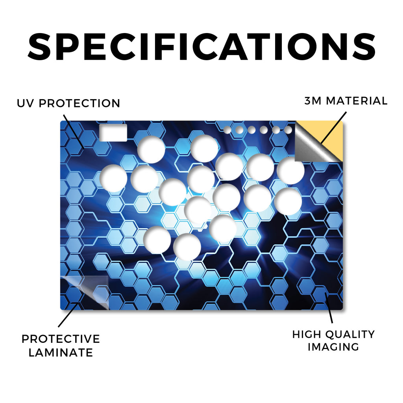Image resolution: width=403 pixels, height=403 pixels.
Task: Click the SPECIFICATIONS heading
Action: tap(201, 47)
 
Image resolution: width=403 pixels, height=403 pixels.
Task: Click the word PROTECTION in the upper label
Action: tap(79, 104)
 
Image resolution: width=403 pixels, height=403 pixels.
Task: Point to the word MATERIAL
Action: tap(357, 101)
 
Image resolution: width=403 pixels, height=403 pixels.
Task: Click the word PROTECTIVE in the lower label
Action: tap(61, 339)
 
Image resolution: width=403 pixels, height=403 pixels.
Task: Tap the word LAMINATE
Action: tap(61, 353)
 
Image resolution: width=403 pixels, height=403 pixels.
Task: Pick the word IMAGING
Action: tap(333, 347)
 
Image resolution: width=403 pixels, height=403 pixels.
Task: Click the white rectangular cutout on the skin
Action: tap(113, 133)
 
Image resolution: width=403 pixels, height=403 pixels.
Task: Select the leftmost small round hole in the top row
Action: tap(227, 130)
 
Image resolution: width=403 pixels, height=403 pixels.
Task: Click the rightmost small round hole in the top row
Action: tap(288, 130)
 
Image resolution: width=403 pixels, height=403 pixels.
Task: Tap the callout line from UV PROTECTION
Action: tap(74, 131)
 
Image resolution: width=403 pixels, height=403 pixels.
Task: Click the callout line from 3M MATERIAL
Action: tap(333, 128)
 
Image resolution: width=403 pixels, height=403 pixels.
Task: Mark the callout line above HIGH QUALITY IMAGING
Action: tap(329, 308)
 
